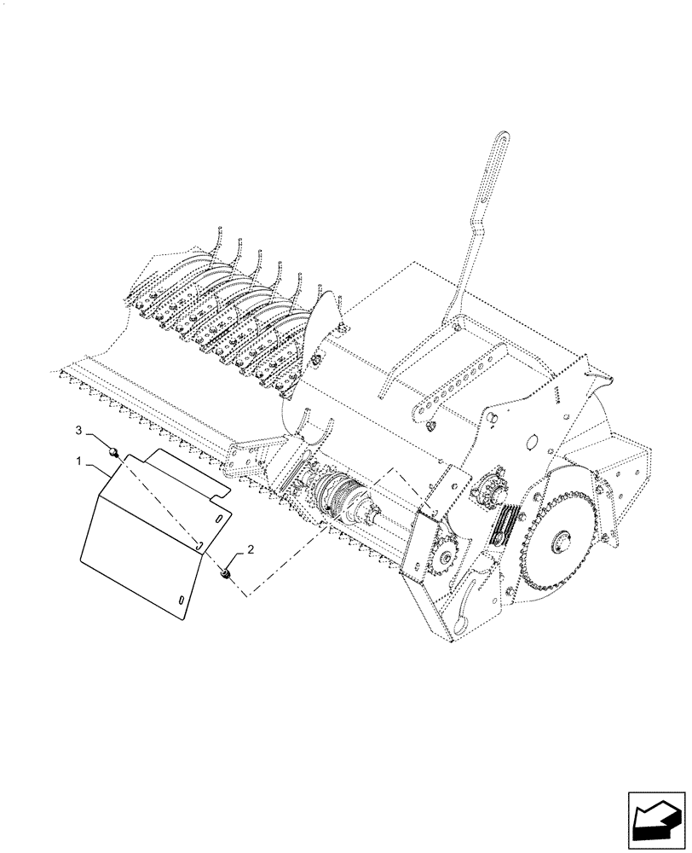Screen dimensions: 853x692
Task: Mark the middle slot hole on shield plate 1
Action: click(197, 543)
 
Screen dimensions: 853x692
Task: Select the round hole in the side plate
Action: click(530, 442)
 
